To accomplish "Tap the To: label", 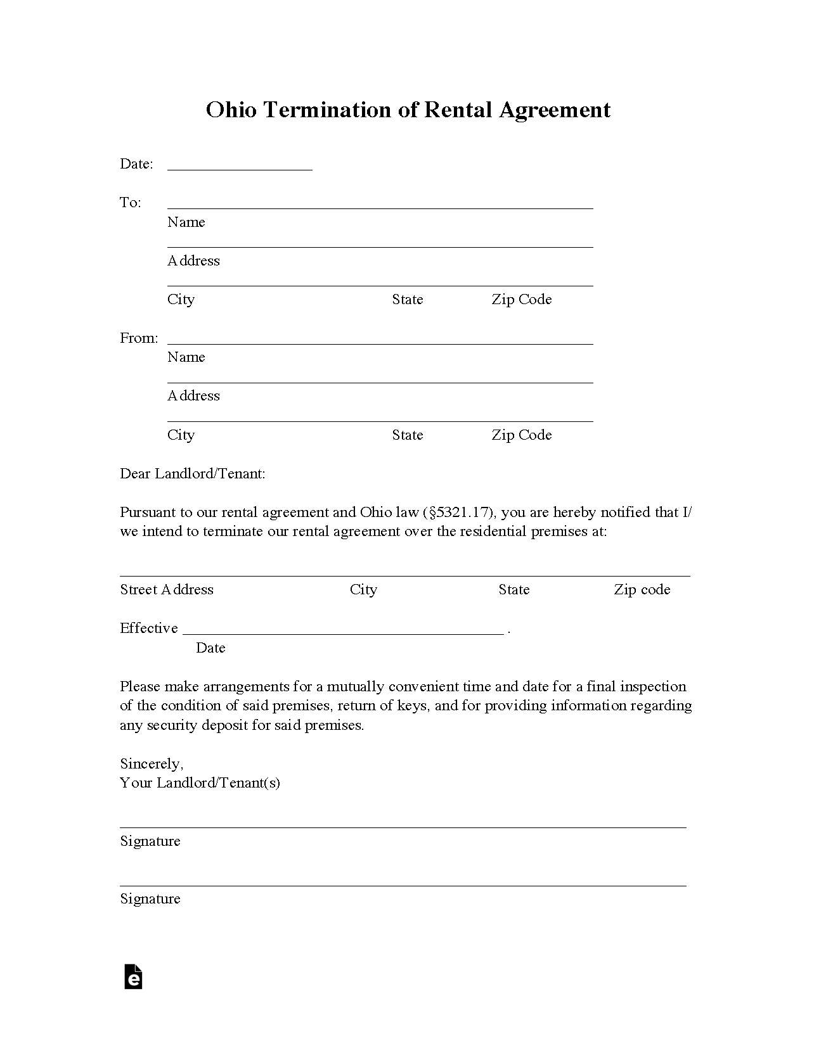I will point(130,203).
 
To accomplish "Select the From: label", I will point(139,338).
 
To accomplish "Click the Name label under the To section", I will point(186,222).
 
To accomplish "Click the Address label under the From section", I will point(193,396).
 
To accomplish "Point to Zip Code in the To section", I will point(521,300).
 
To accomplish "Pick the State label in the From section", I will point(407,435).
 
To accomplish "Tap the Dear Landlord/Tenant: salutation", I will point(192,474).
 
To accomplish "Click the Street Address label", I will point(167,590).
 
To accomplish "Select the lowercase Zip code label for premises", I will point(642,590).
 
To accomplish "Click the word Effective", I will point(148,629).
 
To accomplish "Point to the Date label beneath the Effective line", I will point(210,648).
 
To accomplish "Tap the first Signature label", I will point(150,841).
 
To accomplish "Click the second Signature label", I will point(150,899).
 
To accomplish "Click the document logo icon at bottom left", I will point(133,976).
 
